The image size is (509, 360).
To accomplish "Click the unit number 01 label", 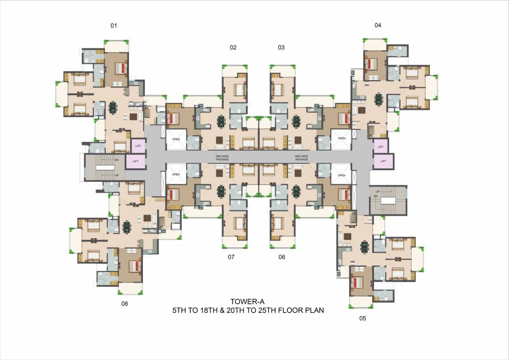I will pos(113,25).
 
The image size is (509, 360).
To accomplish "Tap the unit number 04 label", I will pos(378,25).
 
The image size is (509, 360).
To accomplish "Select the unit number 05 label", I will pos(362,319).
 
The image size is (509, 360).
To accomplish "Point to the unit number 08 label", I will pos(125,303).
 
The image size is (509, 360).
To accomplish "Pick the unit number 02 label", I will pos(233,47).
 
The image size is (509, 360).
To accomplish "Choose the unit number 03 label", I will pos(281,47).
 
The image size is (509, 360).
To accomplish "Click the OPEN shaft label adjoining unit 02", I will pos(176,138).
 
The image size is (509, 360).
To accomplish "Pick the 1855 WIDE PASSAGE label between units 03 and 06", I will pos(301,157).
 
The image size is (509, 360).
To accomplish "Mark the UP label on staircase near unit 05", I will pos(377,191).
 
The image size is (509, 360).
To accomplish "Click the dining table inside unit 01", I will pos(113,108).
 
